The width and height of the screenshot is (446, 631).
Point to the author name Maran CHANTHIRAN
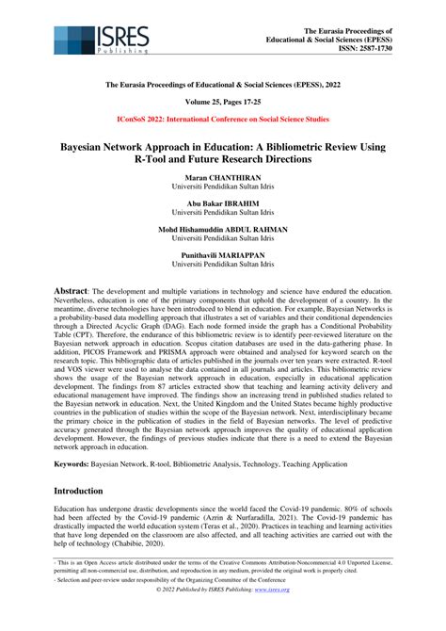(223, 179)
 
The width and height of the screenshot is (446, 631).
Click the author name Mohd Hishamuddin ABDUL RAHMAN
(223, 230)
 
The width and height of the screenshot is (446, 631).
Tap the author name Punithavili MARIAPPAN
(223, 255)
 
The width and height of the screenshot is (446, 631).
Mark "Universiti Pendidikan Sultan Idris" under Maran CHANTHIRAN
(223, 188)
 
